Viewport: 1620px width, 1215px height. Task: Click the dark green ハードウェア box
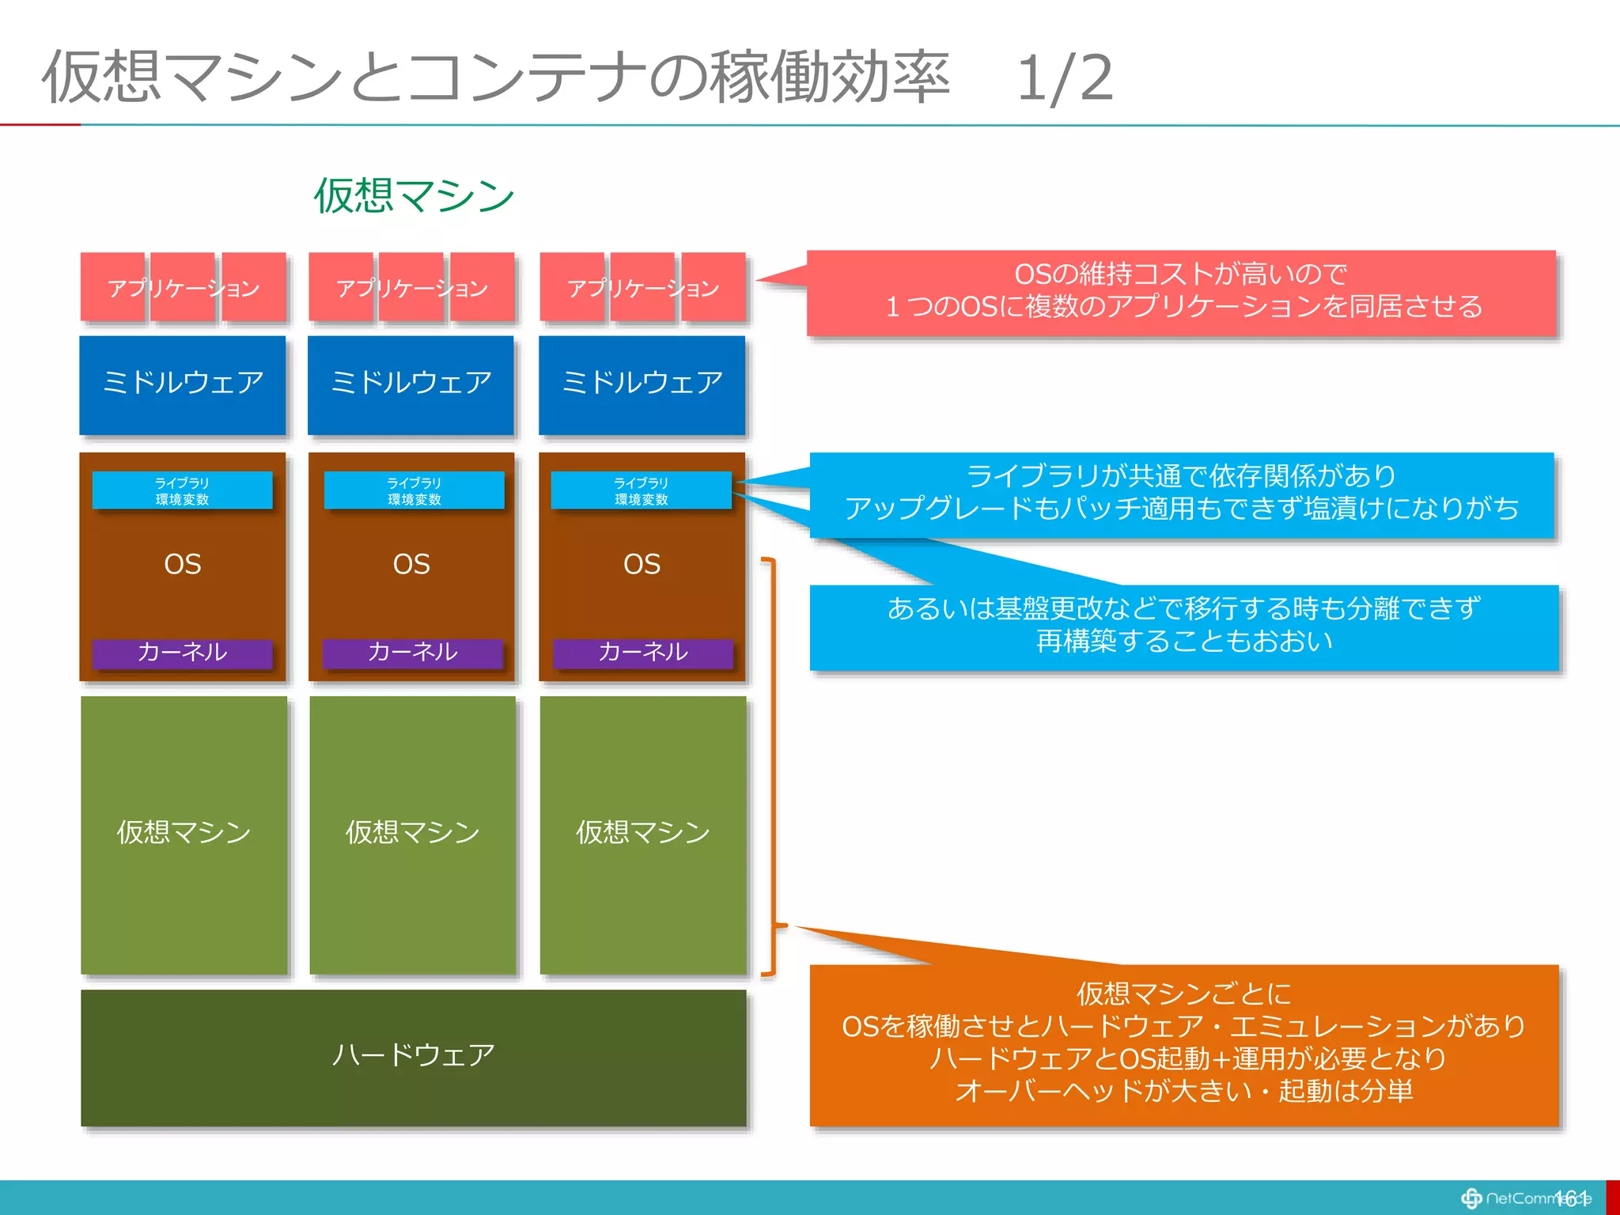point(413,1057)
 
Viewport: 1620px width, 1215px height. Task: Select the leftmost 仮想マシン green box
point(184,834)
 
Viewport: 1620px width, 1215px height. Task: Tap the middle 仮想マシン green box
point(412,834)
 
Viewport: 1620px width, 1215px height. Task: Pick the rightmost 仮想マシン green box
point(642,834)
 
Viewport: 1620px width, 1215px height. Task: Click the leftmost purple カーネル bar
point(182,653)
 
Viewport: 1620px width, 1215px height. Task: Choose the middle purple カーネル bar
point(412,653)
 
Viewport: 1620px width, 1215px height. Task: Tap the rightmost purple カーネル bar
point(642,653)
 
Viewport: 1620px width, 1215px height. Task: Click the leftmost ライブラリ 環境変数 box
point(182,490)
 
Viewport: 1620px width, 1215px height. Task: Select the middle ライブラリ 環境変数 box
point(414,490)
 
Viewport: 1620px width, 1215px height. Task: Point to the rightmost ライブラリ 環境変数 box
point(641,490)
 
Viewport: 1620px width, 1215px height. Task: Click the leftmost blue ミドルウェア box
point(182,384)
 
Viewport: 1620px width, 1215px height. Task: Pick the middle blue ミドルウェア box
point(411,384)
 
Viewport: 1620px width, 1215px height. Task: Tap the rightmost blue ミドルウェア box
point(642,384)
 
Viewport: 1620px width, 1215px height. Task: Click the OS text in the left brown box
point(182,565)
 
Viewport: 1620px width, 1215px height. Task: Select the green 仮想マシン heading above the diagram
point(414,196)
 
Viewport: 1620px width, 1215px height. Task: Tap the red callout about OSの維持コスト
point(1182,291)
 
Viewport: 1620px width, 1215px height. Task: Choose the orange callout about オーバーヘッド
point(1183,1044)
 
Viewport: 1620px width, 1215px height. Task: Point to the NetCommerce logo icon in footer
point(1471,1198)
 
